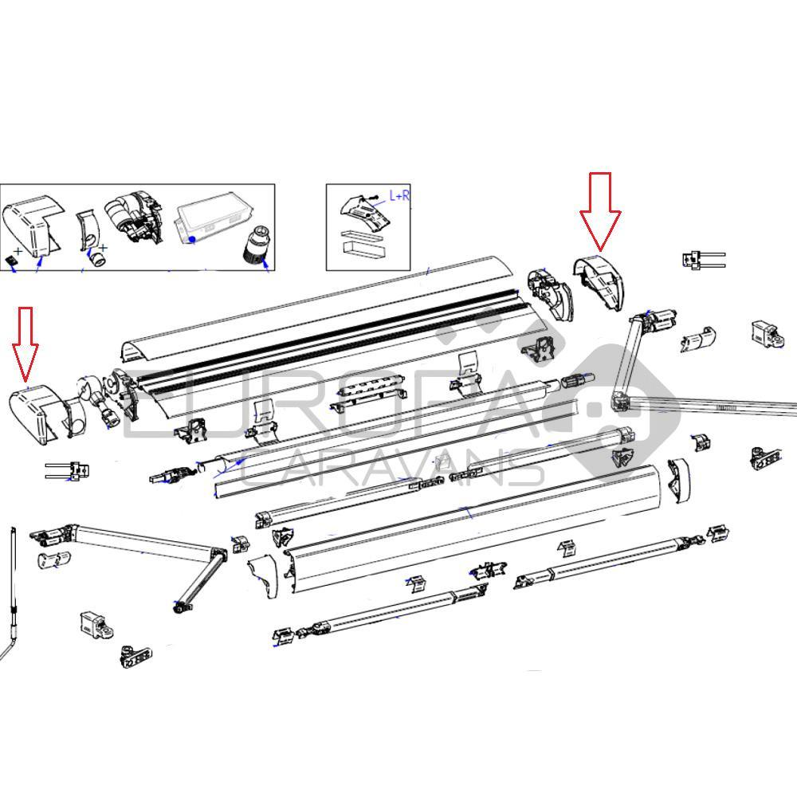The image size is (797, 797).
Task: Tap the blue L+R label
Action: pos(398,195)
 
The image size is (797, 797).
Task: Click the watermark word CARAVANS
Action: pos(391,469)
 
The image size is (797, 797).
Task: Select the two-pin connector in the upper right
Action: pos(701,259)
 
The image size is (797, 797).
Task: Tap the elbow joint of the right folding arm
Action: pos(620,398)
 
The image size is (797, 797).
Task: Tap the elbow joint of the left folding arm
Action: pos(217,555)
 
